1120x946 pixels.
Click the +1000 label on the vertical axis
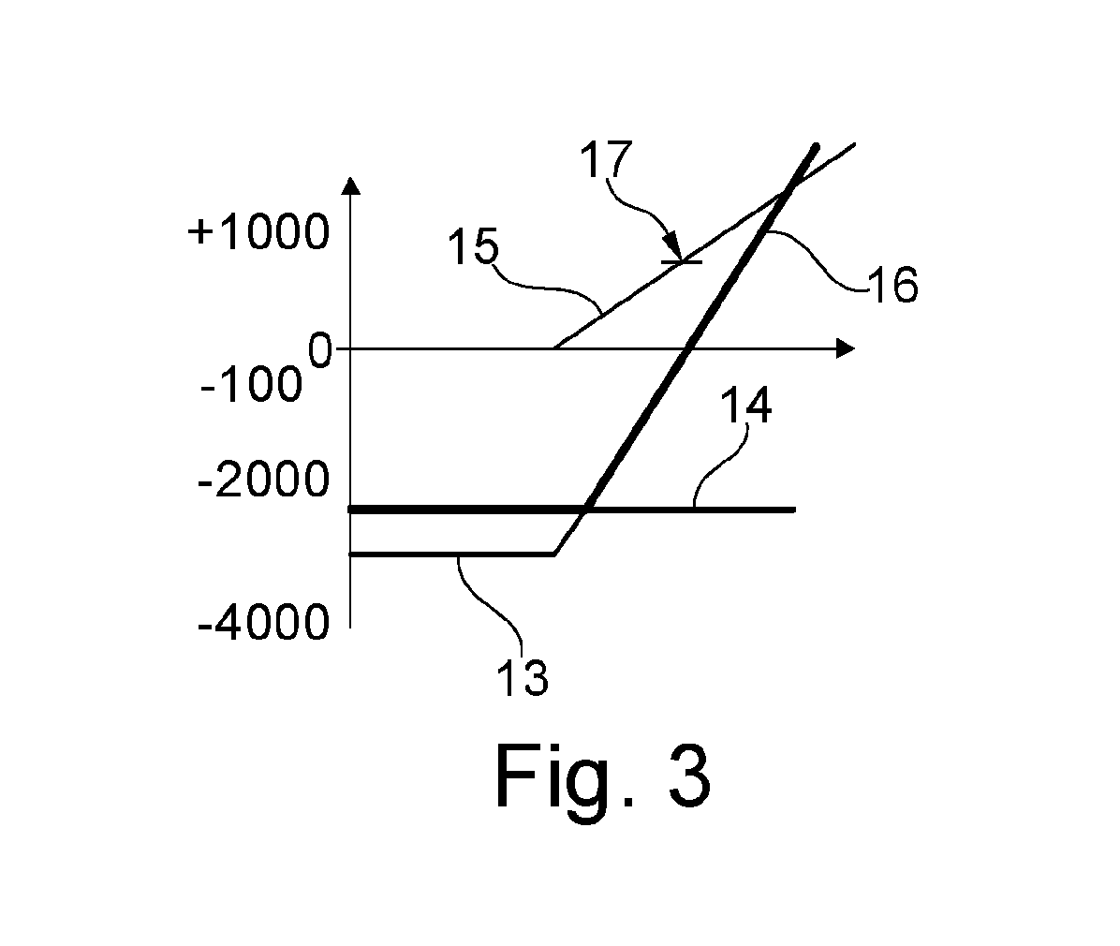pos(258,232)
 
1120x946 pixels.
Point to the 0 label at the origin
pos(320,350)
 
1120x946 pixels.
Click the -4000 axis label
pos(263,622)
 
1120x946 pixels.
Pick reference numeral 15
pos(473,247)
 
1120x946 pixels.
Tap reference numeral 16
pos(892,285)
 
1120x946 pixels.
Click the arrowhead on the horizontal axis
pos(846,348)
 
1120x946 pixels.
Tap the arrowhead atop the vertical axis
pos(350,185)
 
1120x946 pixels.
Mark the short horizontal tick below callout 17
pos(682,262)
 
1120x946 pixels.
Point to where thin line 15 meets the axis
pos(555,348)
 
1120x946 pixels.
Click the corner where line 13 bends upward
pos(555,554)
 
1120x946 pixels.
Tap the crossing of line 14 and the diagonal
pos(585,510)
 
